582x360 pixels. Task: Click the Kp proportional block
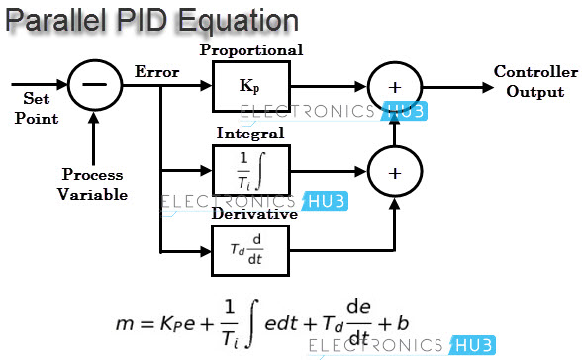pyautogui.click(x=248, y=87)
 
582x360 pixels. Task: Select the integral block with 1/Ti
pyautogui.click(x=248, y=169)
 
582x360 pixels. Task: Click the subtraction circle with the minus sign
pyautogui.click(x=94, y=86)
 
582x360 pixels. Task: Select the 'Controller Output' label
pyautogui.click(x=534, y=83)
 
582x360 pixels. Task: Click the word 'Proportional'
pyautogui.click(x=251, y=50)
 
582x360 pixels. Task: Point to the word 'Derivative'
pyautogui.click(x=254, y=213)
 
